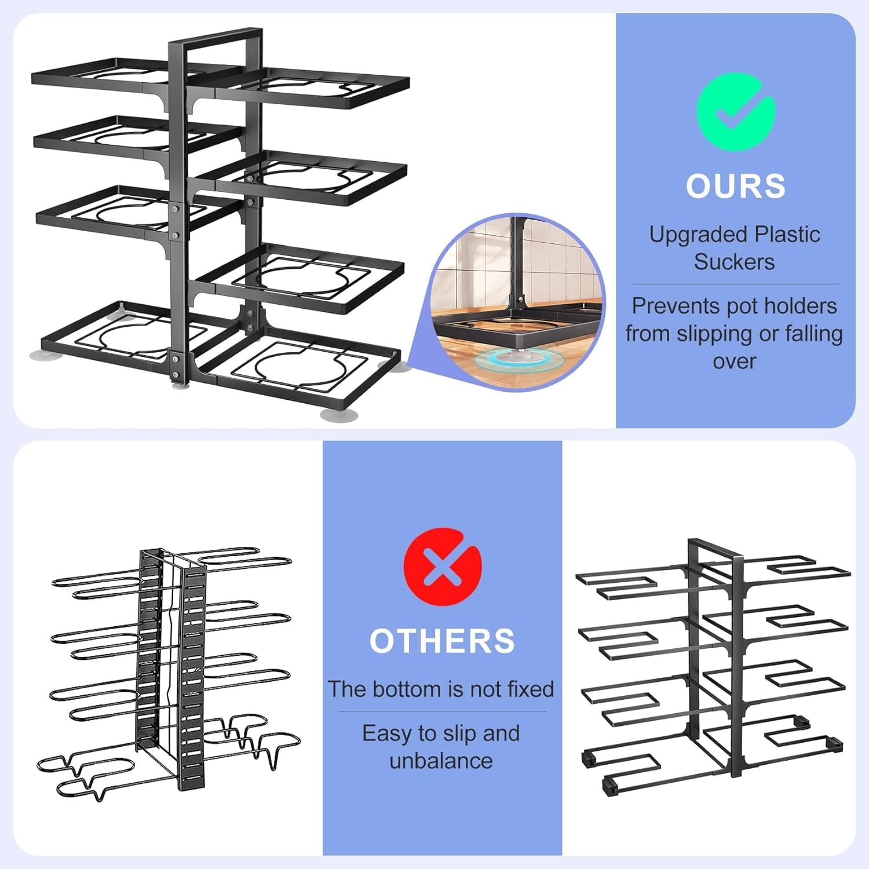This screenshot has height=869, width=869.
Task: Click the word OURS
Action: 735,186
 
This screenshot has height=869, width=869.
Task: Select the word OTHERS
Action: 442,641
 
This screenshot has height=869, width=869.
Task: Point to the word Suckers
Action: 734,262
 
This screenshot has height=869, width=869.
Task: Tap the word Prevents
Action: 667,306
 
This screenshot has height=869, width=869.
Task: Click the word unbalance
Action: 441,761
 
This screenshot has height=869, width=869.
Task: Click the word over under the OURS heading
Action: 735,362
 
